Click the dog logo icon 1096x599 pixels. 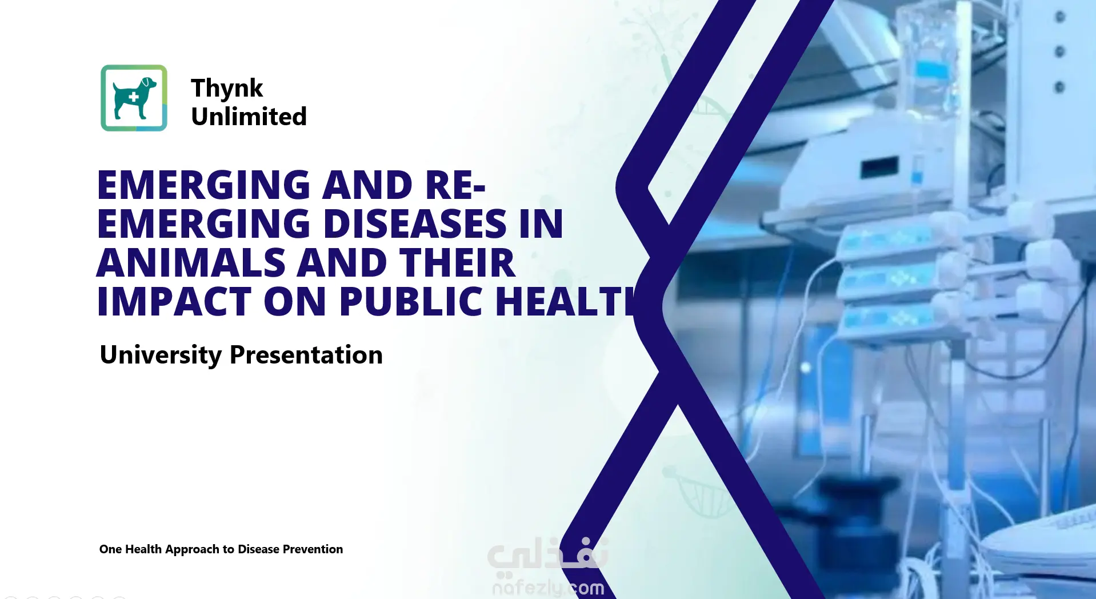click(134, 98)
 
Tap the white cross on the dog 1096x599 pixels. click(133, 97)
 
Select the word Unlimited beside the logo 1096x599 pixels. click(249, 117)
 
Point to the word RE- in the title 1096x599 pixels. click(455, 185)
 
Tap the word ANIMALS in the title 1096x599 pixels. click(191, 263)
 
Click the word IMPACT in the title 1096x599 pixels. click(174, 301)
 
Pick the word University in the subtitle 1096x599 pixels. click(161, 355)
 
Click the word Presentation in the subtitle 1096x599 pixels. click(306, 355)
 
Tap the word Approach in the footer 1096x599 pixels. click(192, 549)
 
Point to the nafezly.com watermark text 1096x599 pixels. click(547, 587)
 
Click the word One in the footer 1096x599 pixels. click(110, 549)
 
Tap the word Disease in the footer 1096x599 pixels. click(258, 549)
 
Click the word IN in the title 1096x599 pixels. click(541, 223)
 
